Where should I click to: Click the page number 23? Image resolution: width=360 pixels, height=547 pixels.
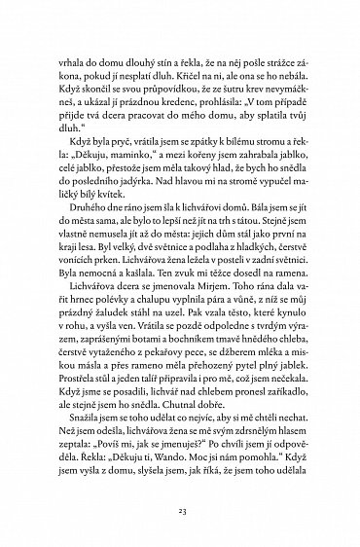coord(180,509)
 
